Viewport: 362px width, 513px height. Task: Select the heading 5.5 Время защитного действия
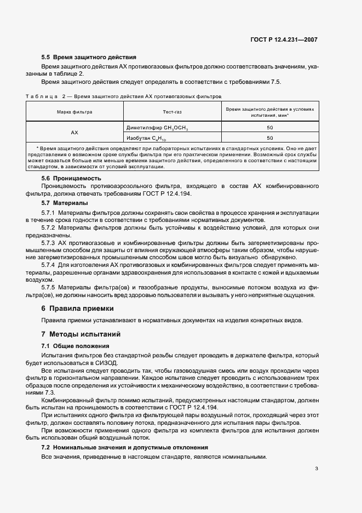(x=89, y=58)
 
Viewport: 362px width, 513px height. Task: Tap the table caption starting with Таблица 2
(x=123, y=96)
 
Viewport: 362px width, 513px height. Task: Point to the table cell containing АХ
(x=74, y=133)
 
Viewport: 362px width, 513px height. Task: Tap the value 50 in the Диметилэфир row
(x=270, y=127)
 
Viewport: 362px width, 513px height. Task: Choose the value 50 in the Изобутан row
(x=270, y=138)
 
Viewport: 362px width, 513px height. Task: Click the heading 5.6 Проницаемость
(x=72, y=179)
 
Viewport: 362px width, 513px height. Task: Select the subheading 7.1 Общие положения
(x=76, y=346)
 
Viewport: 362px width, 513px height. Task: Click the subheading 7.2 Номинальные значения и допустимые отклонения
(x=125, y=448)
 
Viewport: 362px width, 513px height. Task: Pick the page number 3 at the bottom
(x=317, y=469)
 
